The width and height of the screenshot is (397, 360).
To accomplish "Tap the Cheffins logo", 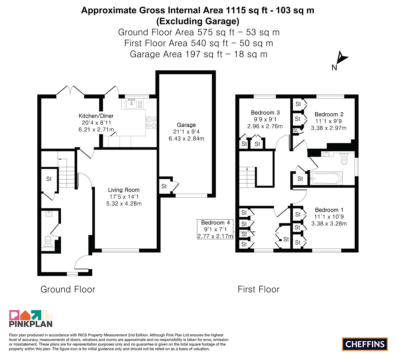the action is tap(365, 344).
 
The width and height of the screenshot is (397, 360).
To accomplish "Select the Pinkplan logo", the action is tap(31, 319).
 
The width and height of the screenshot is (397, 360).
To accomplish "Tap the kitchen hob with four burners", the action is tap(151, 123).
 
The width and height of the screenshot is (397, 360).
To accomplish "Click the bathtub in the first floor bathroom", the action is tap(326, 178).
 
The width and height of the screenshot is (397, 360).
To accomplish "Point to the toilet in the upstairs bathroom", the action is tap(344, 159).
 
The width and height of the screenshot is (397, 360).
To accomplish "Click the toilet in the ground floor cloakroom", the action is tap(48, 241).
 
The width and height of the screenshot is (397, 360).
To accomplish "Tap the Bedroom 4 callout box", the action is tap(215, 229).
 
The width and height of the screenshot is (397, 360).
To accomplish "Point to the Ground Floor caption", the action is tap(68, 289).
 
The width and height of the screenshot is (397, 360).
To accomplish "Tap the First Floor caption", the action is tap(259, 289).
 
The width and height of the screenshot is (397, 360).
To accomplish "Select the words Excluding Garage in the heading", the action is tap(198, 21).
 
